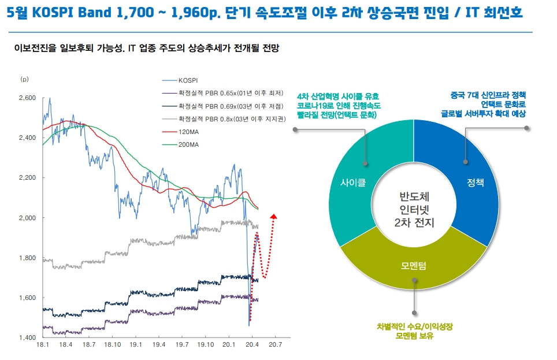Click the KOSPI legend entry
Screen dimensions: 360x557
(188, 81)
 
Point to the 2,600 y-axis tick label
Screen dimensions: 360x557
(27, 98)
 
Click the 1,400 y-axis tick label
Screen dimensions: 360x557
(27, 337)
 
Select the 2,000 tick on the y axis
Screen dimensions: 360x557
(27, 218)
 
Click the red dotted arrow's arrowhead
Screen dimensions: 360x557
(274, 217)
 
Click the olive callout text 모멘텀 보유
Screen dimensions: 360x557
(414, 336)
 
